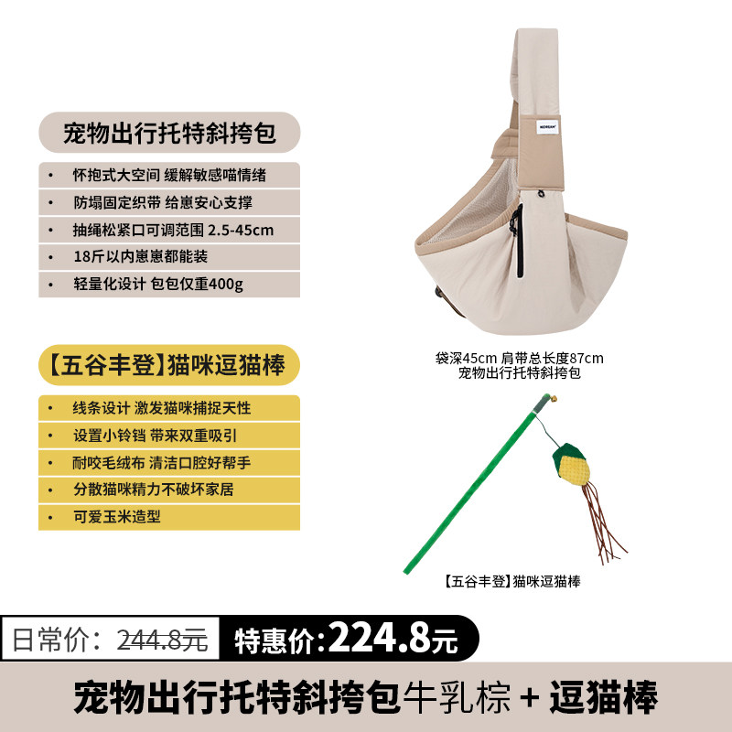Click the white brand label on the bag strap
[x=547, y=126]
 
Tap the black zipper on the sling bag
[x=518, y=242]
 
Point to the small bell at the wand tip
[x=554, y=399]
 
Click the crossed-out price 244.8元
[x=162, y=639]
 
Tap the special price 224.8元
[x=393, y=638]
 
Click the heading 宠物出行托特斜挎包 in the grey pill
[x=169, y=133]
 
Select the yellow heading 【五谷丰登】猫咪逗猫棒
[x=167, y=365]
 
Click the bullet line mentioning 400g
[x=158, y=284]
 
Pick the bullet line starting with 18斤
[x=141, y=256]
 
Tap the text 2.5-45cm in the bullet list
[x=241, y=230]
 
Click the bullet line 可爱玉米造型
[x=117, y=516]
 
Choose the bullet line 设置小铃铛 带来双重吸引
[x=156, y=436]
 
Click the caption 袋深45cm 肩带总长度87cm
[x=519, y=358]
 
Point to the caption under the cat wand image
[x=511, y=581]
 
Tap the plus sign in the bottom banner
[x=530, y=697]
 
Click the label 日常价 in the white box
[x=56, y=639]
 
